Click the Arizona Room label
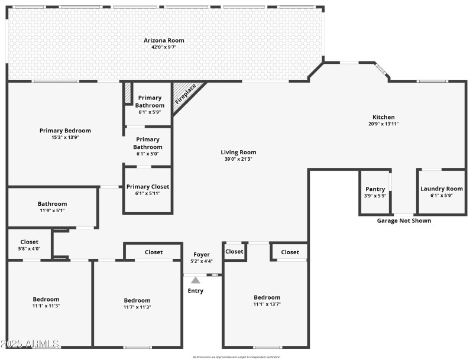point(164,40)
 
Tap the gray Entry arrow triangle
point(195,280)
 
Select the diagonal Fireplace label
point(185,95)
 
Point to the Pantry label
point(375,189)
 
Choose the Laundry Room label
point(441,189)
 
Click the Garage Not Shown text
point(404,221)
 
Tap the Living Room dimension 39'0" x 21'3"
point(238,159)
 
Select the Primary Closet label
point(148,187)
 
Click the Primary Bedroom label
point(65,131)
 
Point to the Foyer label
point(202,255)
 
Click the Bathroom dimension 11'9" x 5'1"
point(52,210)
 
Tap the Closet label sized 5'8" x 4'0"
point(30,242)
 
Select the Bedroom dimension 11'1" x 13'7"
point(267,304)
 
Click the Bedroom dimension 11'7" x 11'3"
point(137,307)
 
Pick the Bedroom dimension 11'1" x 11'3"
point(46,306)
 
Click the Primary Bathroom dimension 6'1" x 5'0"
point(148,154)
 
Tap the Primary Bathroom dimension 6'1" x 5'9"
point(149,112)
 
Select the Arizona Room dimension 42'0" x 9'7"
point(164,47)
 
